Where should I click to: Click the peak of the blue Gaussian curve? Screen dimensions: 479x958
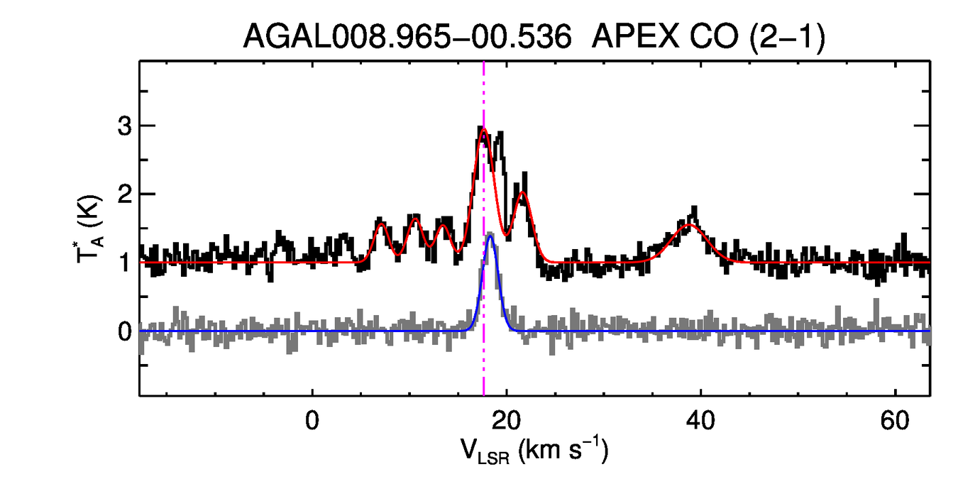click(490, 236)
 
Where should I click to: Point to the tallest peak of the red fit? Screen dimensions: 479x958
click(484, 129)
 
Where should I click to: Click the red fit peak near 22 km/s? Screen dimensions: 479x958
click(522, 192)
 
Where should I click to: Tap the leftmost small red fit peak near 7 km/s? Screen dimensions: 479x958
click(381, 224)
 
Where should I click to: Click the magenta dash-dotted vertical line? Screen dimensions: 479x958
click(484, 355)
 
